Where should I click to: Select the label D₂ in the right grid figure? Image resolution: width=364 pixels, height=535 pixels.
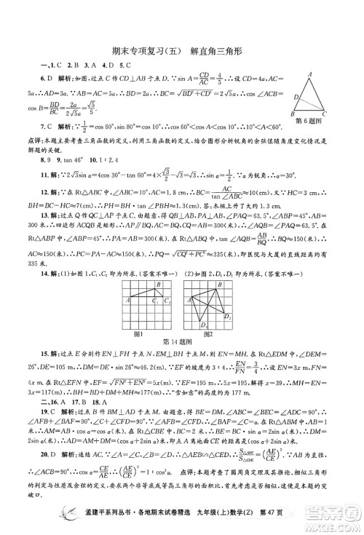[x=230, y=317]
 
